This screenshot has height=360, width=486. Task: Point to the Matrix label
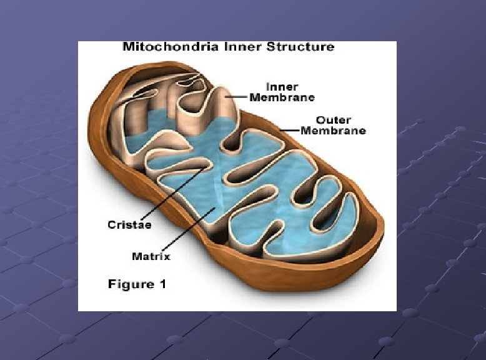[x=151, y=256]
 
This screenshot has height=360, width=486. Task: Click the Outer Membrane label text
[x=333, y=125]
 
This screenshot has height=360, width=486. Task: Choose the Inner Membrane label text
[x=282, y=92]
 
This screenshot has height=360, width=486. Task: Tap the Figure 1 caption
[x=137, y=284]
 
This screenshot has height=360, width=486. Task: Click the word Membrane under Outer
[x=333, y=131]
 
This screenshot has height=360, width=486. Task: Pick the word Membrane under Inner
[x=282, y=97]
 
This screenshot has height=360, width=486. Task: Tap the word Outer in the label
[x=333, y=120]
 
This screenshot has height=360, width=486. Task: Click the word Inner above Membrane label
[x=282, y=87]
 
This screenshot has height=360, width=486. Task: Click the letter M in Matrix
[x=136, y=256]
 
